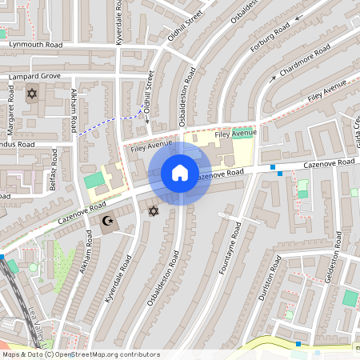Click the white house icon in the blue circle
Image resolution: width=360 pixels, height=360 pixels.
[180, 172]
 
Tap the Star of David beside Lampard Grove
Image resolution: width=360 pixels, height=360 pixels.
[32, 94]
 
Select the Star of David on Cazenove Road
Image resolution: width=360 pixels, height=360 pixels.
[154, 211]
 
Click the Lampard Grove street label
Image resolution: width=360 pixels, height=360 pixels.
[34, 76]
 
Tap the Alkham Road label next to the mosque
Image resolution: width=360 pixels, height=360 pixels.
[77, 268]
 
